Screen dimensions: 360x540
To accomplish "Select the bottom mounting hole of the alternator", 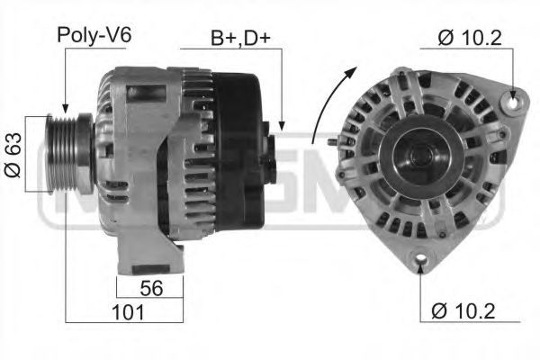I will (x=419, y=262).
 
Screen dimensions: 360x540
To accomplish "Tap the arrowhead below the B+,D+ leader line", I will (x=282, y=126).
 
